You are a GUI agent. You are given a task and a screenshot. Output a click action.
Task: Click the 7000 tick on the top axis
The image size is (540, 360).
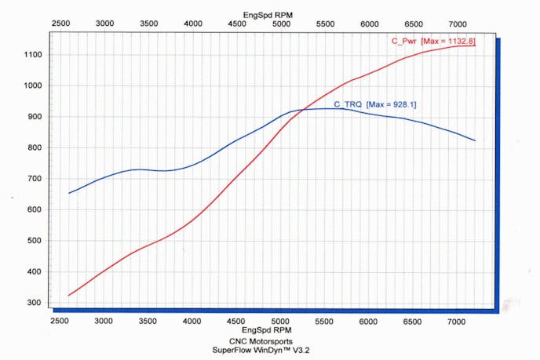pos(458,24)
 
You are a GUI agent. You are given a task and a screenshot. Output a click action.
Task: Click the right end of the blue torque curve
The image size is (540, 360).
pos(476,140)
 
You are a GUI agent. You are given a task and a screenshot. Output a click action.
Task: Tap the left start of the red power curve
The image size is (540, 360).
pos(69,295)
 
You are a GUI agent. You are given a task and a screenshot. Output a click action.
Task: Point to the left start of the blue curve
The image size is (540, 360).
pos(69,193)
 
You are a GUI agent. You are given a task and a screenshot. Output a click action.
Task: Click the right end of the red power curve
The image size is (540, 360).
pos(476,45)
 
